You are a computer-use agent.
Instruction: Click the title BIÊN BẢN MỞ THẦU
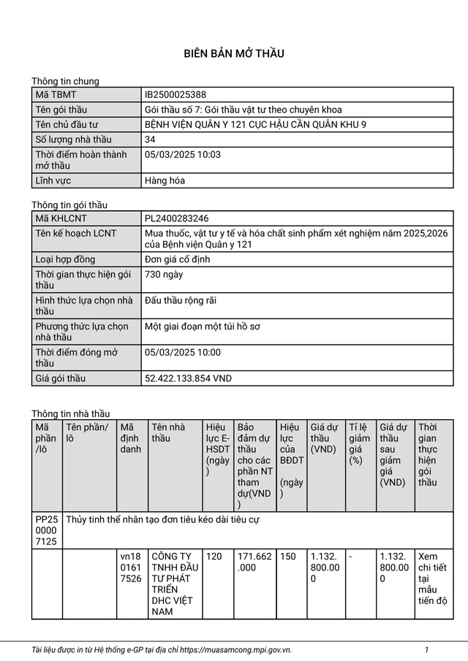[233, 53]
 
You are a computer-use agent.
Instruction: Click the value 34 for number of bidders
[151, 139]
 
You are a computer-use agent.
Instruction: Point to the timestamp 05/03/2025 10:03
[183, 154]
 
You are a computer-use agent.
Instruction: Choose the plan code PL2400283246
[176, 218]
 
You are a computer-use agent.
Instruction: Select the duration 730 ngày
[164, 275]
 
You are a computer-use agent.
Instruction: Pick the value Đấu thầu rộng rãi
[181, 300]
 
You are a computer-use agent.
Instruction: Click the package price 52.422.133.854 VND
[188, 378]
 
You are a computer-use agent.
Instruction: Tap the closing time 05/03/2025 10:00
[183, 352]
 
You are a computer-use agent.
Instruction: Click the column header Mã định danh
[130, 438]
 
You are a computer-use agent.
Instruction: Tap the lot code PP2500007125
[47, 530]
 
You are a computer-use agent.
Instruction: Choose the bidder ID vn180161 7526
[131, 568]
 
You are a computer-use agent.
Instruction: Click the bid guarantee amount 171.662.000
[254, 562]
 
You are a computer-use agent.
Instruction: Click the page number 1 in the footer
[426, 649]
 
